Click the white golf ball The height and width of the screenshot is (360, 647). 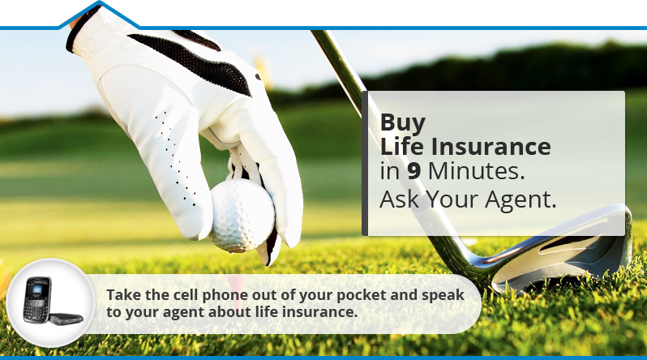coord(242,215)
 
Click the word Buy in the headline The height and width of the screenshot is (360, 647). coord(402,122)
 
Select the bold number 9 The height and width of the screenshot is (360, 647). coord(413,171)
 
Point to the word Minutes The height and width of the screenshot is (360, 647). coord(477,171)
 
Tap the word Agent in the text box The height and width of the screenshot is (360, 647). coord(521,199)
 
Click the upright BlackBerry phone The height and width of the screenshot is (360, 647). coord(37,300)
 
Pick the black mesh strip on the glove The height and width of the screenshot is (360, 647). coord(194,61)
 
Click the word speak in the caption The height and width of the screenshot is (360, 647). coord(443,295)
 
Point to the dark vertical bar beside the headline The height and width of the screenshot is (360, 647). coord(365,164)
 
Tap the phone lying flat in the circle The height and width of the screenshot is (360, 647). coord(66,319)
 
